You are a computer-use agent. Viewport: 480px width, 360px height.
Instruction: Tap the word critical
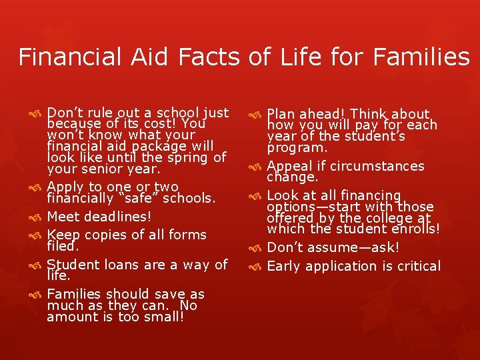[x=417, y=266]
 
